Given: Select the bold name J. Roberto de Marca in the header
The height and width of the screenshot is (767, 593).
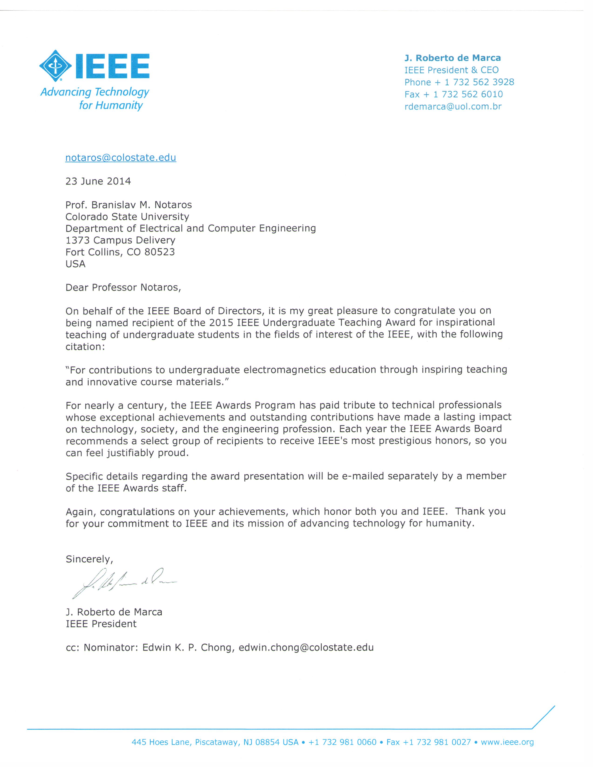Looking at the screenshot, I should click(453, 58).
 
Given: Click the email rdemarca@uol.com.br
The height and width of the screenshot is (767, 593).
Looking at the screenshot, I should click(453, 106).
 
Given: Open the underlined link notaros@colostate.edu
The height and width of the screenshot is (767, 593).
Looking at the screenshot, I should click(120, 158).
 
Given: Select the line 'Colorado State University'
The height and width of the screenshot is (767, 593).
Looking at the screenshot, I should click(127, 216).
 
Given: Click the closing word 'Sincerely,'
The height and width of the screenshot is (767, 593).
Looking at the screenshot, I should click(89, 559).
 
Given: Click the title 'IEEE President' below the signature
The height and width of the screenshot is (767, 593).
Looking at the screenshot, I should click(101, 624).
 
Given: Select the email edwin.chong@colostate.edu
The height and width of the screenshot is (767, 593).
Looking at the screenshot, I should click(306, 648).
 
